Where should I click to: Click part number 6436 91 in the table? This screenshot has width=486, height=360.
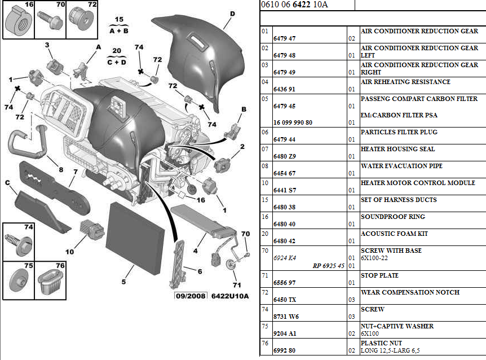click(284, 89)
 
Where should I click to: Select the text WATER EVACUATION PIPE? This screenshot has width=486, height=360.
click(401, 166)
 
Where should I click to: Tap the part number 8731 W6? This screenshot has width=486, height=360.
click(286, 317)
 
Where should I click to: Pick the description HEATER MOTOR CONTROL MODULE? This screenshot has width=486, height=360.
click(418, 183)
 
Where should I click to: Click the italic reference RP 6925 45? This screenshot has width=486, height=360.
click(329, 266)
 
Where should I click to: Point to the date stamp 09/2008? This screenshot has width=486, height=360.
click(191, 296)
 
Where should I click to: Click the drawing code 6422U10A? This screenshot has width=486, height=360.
click(230, 296)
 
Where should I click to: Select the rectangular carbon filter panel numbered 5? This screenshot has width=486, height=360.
click(135, 238)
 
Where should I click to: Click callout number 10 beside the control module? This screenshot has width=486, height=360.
click(69, 252)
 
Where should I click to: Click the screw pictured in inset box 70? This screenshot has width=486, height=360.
click(50, 20)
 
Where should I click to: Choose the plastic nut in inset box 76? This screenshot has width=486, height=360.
click(50, 281)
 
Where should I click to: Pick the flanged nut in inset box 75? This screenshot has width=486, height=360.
click(19, 281)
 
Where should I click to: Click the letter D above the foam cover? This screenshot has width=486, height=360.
click(232, 14)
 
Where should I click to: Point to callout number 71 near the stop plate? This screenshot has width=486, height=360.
click(237, 284)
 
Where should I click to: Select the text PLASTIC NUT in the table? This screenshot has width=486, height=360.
click(381, 343)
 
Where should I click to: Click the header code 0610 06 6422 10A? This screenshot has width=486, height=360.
click(294, 5)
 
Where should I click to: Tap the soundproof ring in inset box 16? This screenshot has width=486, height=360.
click(19, 20)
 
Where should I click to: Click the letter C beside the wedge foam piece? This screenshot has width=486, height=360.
click(8, 183)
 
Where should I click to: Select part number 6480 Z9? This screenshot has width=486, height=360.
click(284, 156)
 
